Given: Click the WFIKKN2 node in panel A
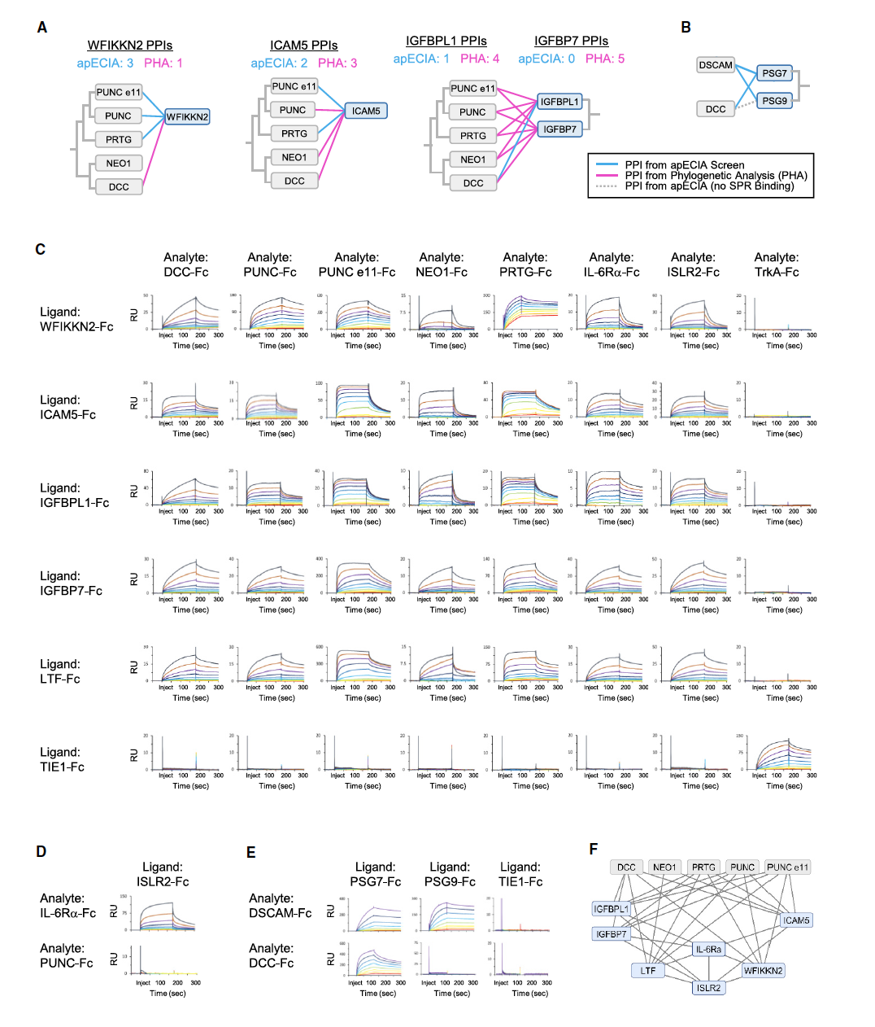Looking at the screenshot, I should [x=187, y=117].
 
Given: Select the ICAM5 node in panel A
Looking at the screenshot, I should [x=365, y=111].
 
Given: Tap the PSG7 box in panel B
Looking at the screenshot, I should [x=774, y=73].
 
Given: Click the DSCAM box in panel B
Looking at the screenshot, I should [x=716, y=65].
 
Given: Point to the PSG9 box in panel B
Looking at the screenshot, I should [x=774, y=101].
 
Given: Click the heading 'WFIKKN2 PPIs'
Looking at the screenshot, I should [x=130, y=46].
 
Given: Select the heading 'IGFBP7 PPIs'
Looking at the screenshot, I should [x=571, y=41].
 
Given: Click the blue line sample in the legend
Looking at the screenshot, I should [x=607, y=165].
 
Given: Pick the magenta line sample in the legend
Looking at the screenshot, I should [x=607, y=176].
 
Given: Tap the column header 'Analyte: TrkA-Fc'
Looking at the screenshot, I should [x=777, y=264].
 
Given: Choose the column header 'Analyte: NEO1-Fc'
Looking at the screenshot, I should [x=442, y=264].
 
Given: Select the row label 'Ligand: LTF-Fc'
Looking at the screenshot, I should [x=61, y=671].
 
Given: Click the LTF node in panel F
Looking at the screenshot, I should [x=648, y=970].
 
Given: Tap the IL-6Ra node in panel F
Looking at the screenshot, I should [x=708, y=949].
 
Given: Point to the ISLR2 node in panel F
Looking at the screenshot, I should [x=708, y=988].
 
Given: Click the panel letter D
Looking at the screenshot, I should [x=41, y=851].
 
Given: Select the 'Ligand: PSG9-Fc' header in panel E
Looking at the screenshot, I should [x=450, y=874].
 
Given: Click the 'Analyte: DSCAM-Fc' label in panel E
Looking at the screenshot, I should [x=281, y=906].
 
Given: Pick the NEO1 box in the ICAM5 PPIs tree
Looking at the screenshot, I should [x=294, y=157].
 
